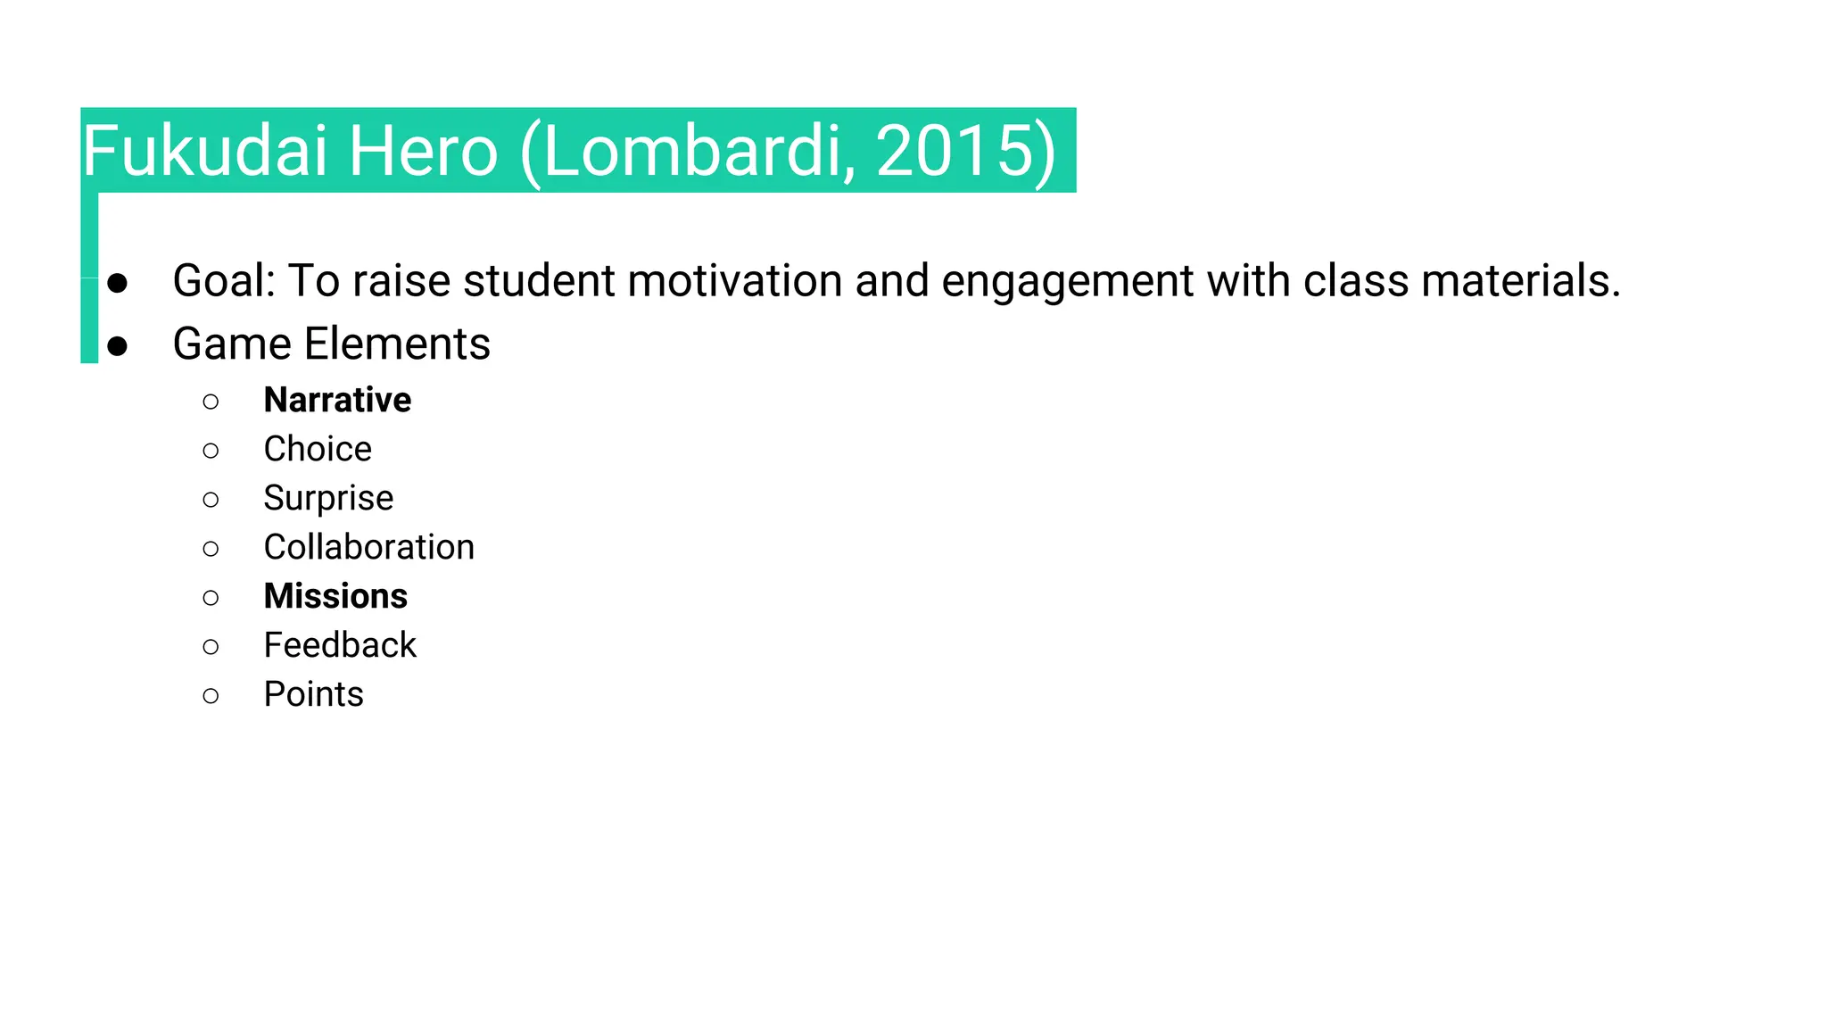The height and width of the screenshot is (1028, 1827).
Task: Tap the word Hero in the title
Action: [x=422, y=151]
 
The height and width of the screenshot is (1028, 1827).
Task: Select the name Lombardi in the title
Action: [x=692, y=151]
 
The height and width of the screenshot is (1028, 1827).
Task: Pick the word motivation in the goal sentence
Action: [x=734, y=281]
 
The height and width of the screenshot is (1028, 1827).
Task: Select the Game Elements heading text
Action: [x=331, y=344]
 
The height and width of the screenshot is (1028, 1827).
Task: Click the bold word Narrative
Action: [x=337, y=401]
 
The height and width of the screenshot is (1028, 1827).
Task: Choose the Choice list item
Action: [x=318, y=449]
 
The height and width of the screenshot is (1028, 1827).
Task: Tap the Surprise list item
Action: [x=328, y=499]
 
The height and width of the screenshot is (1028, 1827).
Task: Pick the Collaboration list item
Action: [x=368, y=547]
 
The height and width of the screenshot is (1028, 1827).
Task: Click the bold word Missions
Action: [x=335, y=596]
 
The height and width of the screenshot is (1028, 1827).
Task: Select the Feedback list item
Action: [x=340, y=645]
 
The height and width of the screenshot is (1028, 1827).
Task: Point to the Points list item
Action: [x=313, y=694]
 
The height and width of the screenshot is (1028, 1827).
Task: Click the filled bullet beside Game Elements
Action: [x=117, y=346]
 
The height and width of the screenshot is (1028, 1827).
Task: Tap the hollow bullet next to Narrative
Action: [x=211, y=402]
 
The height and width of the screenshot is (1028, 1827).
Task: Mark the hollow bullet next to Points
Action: [x=211, y=695]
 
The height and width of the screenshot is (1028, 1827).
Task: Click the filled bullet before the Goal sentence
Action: [x=117, y=284]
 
